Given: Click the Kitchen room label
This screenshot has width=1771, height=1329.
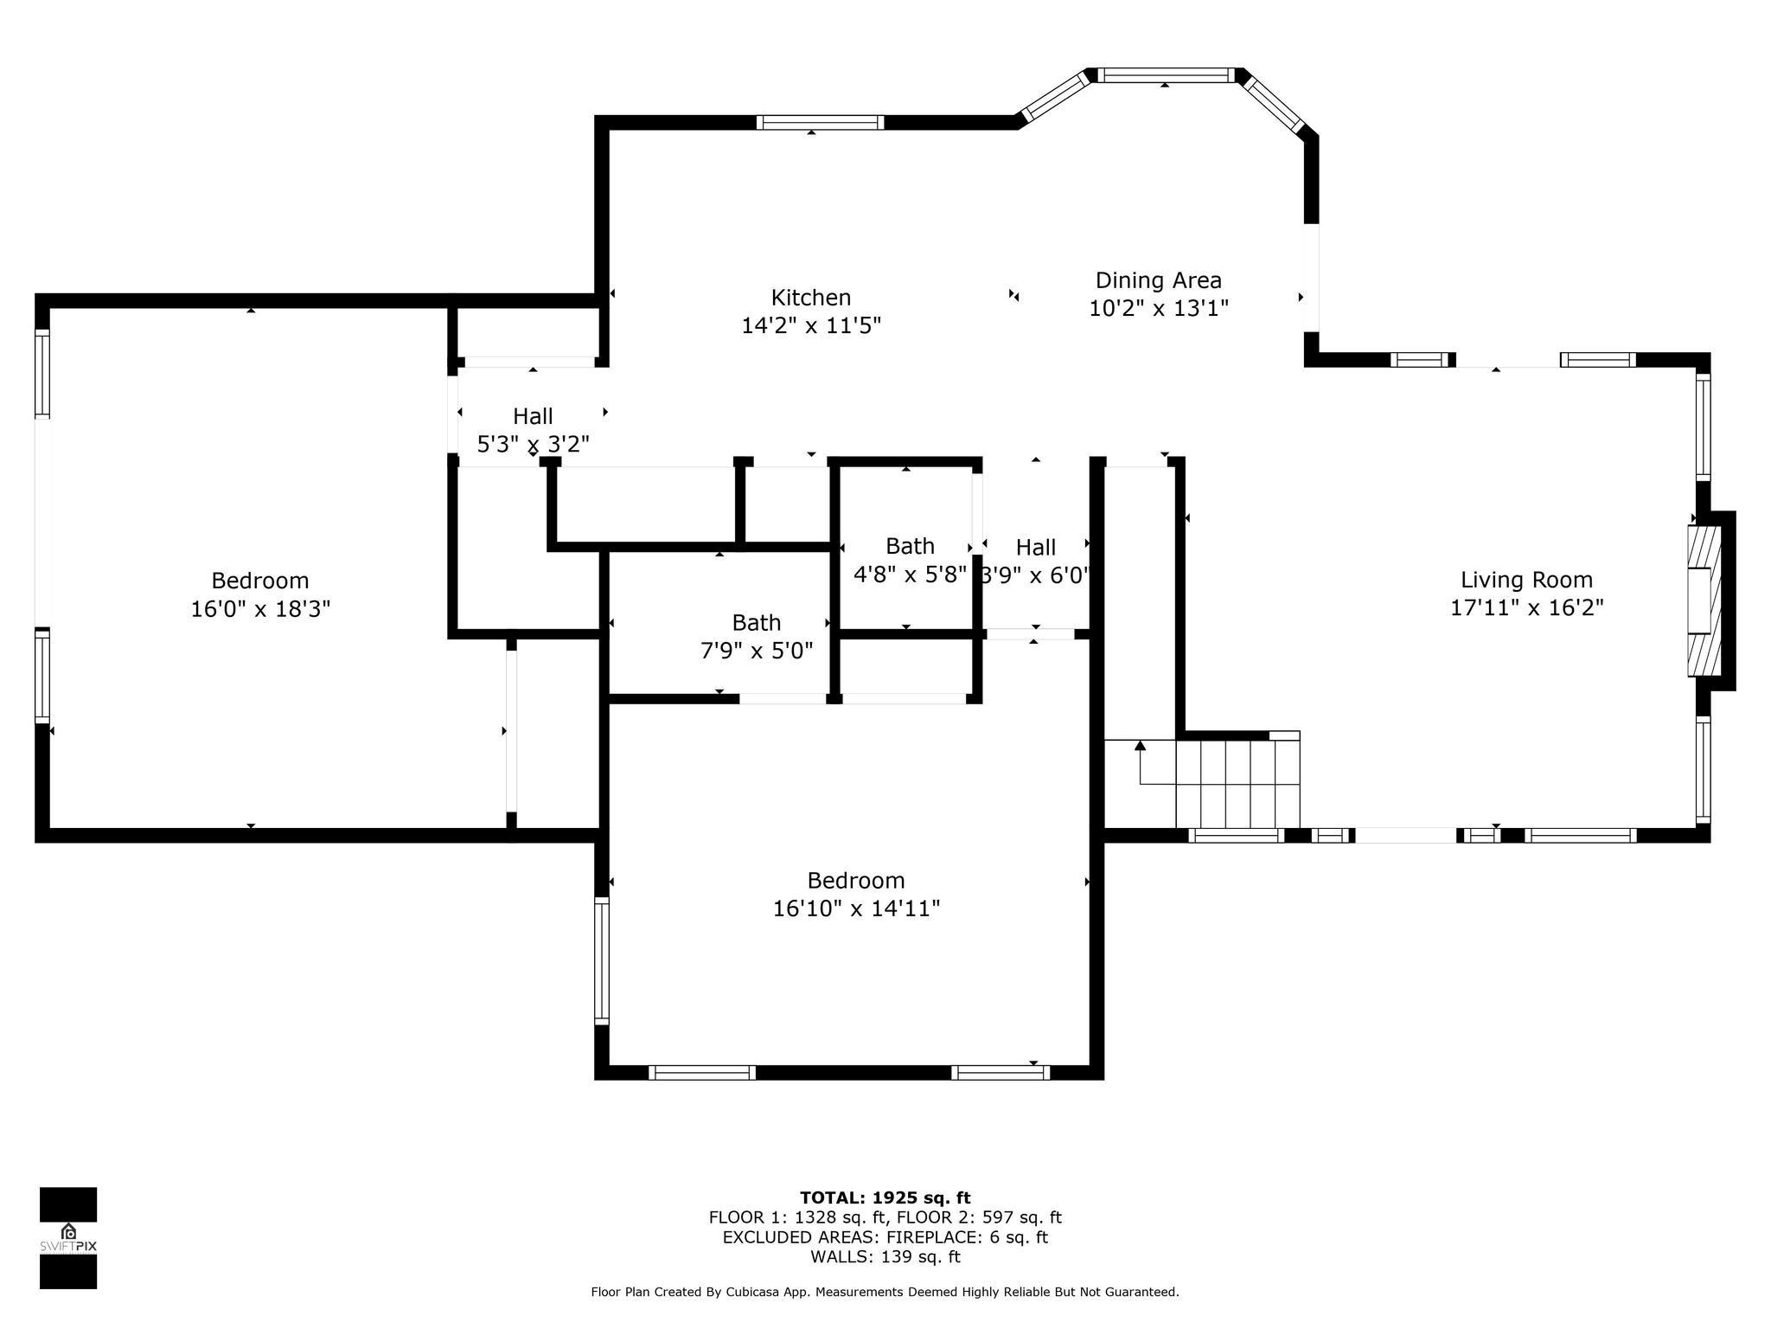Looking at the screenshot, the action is pyautogui.click(x=811, y=298).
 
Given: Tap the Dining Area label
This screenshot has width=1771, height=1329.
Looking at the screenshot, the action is pyautogui.click(x=1158, y=280).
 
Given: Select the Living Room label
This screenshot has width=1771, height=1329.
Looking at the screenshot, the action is pyautogui.click(x=1526, y=580).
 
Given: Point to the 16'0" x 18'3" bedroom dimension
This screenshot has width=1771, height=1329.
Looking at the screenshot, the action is pyautogui.click(x=260, y=609).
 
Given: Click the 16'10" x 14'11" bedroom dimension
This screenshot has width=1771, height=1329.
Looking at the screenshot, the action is pyautogui.click(x=856, y=908).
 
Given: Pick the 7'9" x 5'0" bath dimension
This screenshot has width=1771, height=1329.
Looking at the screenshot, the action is pyautogui.click(x=757, y=651).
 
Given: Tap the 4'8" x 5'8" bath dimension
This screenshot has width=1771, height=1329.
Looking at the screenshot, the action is pyautogui.click(x=910, y=575).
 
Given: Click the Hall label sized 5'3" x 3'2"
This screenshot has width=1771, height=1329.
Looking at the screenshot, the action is pyautogui.click(x=533, y=416).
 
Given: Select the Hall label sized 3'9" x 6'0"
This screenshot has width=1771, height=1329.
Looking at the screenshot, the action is pyautogui.click(x=1036, y=548).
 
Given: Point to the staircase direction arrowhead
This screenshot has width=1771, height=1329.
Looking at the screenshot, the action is pyautogui.click(x=1140, y=745).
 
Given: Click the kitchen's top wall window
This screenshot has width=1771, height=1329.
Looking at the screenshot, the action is pyautogui.click(x=820, y=122).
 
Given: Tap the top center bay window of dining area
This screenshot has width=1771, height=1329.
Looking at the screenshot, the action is pyautogui.click(x=1166, y=75).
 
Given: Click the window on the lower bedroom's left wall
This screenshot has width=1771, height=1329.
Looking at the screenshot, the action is pyautogui.click(x=602, y=960).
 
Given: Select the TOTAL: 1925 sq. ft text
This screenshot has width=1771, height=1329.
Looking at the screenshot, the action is pyautogui.click(x=885, y=1197).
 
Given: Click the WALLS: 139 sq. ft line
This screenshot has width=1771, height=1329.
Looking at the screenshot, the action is pyautogui.click(x=885, y=1256).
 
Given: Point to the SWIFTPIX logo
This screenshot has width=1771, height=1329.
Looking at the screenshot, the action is pyautogui.click(x=68, y=1238).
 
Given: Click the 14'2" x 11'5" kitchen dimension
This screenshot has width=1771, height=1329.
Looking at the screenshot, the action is pyautogui.click(x=811, y=326).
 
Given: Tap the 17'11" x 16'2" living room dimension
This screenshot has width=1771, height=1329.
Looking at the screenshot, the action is pyautogui.click(x=1526, y=607).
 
